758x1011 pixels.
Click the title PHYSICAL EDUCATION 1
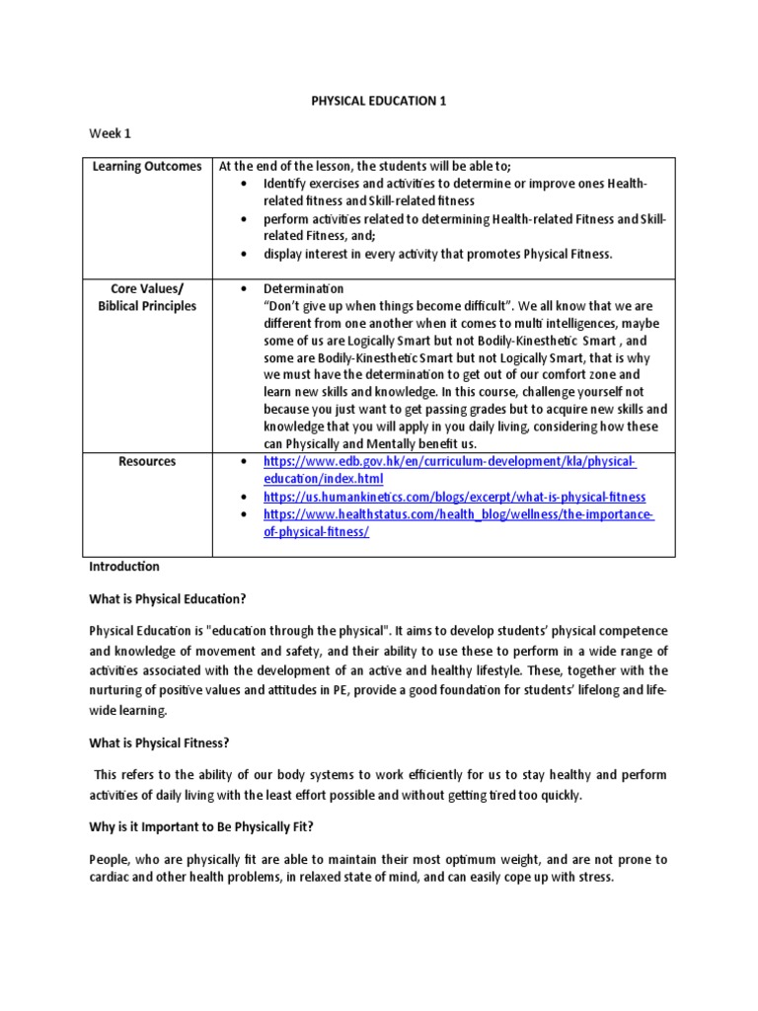pyautogui.click(x=378, y=100)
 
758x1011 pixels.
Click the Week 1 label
pyautogui.click(x=110, y=132)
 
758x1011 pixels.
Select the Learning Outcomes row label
pyautogui.click(x=147, y=166)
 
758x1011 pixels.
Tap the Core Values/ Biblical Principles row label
pyautogui.click(x=147, y=297)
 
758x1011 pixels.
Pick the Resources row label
pyautogui.click(x=147, y=461)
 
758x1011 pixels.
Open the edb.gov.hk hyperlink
pyautogui.click(x=449, y=470)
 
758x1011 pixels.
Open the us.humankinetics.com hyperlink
pyautogui.click(x=454, y=497)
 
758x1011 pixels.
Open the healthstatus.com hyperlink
pyautogui.click(x=458, y=523)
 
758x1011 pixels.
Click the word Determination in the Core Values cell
pyautogui.click(x=303, y=288)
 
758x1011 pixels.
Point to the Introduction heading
pyautogui.click(x=124, y=567)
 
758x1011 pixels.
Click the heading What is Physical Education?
pyautogui.click(x=167, y=598)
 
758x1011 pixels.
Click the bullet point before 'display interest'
pyautogui.click(x=244, y=254)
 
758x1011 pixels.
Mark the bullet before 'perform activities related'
pyautogui.click(x=244, y=218)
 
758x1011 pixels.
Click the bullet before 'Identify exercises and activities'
pyautogui.click(x=244, y=184)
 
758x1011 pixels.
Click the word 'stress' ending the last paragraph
pyautogui.click(x=595, y=877)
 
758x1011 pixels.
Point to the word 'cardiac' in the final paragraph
pyautogui.click(x=111, y=877)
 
